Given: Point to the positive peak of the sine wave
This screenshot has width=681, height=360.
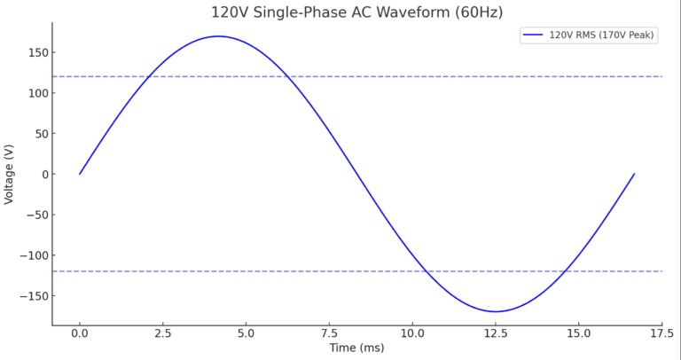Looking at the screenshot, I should click(218, 36).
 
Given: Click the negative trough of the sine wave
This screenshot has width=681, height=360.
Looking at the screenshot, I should click(496, 311).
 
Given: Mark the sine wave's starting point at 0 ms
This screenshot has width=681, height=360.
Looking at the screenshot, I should click(80, 174).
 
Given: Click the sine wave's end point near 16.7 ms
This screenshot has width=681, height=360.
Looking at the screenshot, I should click(634, 174).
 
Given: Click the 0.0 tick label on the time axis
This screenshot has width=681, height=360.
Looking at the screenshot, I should click(80, 333).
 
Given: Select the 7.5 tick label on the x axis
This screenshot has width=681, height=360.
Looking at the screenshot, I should click(329, 333).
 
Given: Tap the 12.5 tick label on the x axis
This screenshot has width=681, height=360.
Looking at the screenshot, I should click(496, 333).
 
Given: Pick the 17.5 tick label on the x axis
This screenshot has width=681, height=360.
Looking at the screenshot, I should click(661, 333).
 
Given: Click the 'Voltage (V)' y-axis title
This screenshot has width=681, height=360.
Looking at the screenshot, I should click(10, 174).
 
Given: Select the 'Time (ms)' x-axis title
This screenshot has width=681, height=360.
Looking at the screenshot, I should click(356, 348).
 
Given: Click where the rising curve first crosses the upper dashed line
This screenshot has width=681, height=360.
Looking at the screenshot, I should click(150, 76).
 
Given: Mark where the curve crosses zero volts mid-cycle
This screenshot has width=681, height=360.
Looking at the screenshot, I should click(356, 174).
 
